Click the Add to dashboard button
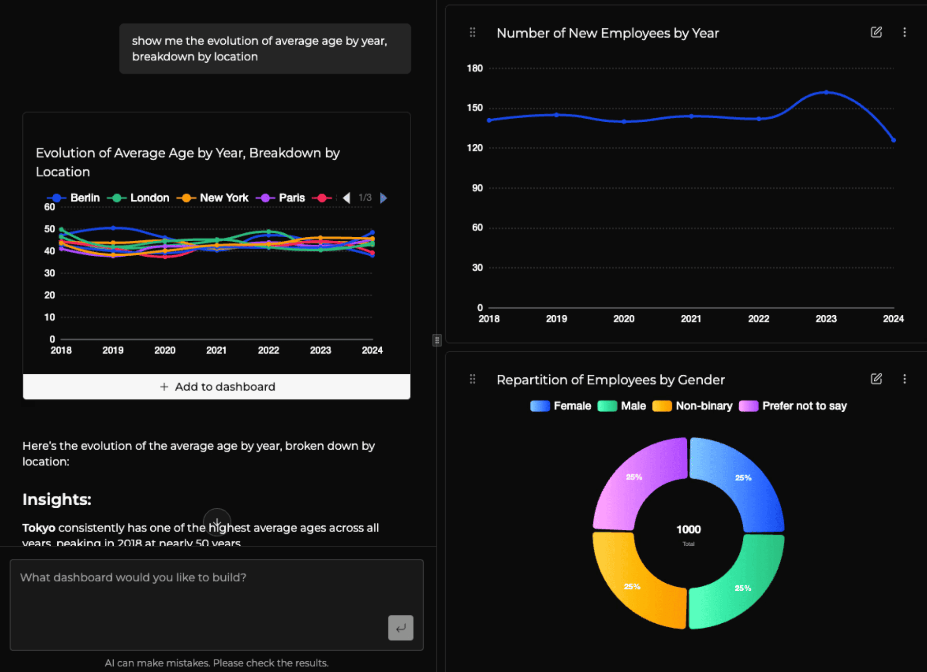point(217,387)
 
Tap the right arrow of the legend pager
point(384,198)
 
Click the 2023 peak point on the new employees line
point(826,92)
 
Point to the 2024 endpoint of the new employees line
point(893,140)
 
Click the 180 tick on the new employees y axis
point(474,68)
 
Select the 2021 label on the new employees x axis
point(691,319)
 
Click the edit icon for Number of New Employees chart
point(876,32)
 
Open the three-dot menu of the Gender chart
point(904,379)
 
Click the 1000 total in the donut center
point(688,529)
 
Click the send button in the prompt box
point(400,627)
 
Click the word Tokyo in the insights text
point(39,528)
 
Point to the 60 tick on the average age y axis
point(50,207)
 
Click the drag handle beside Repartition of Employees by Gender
point(472,379)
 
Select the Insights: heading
point(57,499)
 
